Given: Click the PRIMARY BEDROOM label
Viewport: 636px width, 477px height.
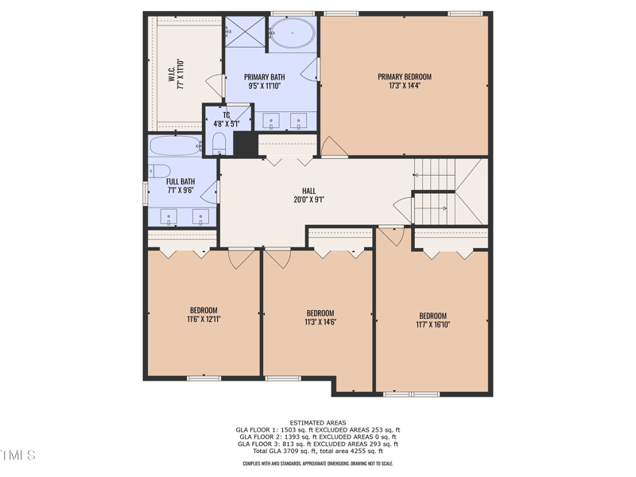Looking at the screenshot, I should click(404, 81).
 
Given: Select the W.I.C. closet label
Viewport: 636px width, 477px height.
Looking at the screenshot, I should click(176, 73).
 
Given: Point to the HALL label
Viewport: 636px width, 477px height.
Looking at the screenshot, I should click(308, 196).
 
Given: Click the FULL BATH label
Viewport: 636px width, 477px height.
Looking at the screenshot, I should click(180, 186).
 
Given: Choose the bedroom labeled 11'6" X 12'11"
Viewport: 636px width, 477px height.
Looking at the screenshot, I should click(203, 315).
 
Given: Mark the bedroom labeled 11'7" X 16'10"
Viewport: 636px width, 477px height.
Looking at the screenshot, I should click(432, 320).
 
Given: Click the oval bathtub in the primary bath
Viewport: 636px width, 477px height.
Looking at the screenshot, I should click(292, 34).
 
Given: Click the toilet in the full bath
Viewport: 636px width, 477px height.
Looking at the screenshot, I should click(159, 171).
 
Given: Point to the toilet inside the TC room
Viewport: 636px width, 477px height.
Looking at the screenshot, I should click(220, 144).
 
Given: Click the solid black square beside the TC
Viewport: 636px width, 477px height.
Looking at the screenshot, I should click(245, 144).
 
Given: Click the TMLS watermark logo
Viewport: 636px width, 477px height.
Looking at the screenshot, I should click(17, 456).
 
